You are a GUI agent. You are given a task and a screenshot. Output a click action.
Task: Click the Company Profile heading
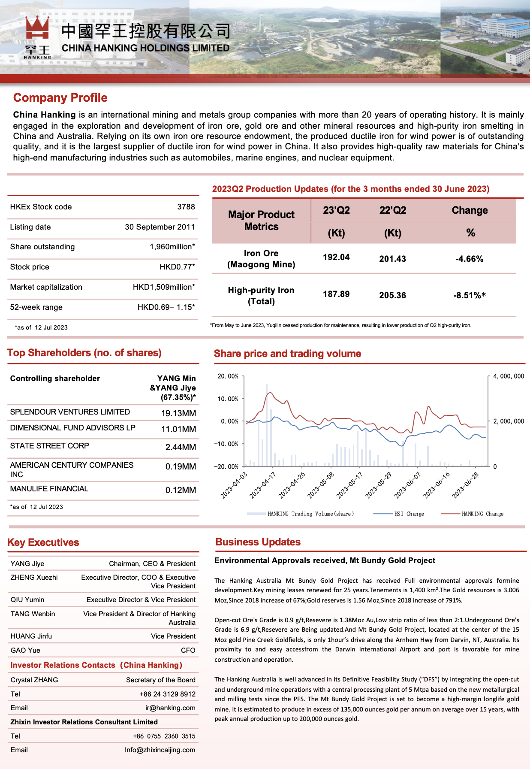coord(60,98)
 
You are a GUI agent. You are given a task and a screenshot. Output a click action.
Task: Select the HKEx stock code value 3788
coord(186,207)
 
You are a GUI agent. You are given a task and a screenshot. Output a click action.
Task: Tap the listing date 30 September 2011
coord(160,227)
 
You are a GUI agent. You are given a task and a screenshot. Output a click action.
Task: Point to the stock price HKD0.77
coord(177,267)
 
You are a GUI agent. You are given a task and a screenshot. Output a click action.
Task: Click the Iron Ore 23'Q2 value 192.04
coord(336,257)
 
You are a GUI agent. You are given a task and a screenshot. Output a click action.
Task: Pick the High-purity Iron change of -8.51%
coord(470,295)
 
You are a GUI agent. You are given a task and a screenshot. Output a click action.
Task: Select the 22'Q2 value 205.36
coord(392,295)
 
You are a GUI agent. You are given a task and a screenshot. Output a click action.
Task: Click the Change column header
coord(470,210)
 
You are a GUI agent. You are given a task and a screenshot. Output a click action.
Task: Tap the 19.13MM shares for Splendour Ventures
coord(178,413)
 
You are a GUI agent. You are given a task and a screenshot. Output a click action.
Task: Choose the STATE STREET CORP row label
coord(50,446)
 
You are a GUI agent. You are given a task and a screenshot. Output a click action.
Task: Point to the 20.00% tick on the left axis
coord(228,376)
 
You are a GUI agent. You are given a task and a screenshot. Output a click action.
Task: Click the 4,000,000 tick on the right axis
coord(509,376)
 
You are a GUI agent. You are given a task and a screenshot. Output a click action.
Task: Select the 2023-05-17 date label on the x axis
coord(349,485)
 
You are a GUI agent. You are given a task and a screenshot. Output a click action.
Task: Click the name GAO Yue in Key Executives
coord(25,650)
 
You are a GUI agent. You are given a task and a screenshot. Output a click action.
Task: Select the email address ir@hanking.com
coord(170,708)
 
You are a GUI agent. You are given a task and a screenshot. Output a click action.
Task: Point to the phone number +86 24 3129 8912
coord(167,694)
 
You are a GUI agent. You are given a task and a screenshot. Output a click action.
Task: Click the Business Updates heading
coord(258,542)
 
